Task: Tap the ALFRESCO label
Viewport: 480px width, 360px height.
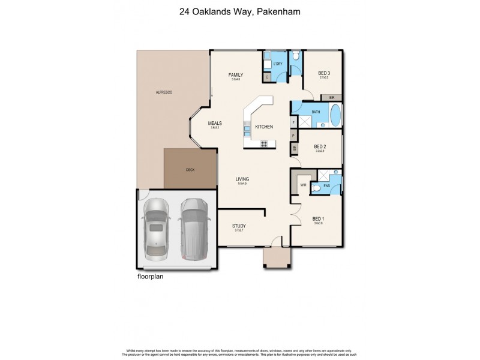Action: pyautogui.click(x=164, y=93)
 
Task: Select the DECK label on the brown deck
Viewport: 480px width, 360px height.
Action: pyautogui.click(x=190, y=170)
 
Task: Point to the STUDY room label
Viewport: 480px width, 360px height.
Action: pyautogui.click(x=239, y=226)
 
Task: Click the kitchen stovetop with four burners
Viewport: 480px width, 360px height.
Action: pyautogui.click(x=264, y=143)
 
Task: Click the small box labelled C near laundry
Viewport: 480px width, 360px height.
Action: pyautogui.click(x=267, y=76)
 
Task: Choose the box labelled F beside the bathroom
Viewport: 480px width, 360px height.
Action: pyautogui.click(x=294, y=123)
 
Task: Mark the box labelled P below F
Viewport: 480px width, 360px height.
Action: pyautogui.click(x=294, y=136)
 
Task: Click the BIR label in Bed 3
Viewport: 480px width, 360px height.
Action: pyautogui.click(x=332, y=97)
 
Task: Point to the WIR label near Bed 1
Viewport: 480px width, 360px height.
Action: pyautogui.click(x=303, y=185)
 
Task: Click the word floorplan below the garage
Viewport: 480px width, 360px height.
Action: pyautogui.click(x=150, y=277)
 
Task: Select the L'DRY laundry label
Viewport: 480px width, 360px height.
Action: pyautogui.click(x=277, y=64)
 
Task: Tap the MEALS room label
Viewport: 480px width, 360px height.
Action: pyautogui.click(x=215, y=123)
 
